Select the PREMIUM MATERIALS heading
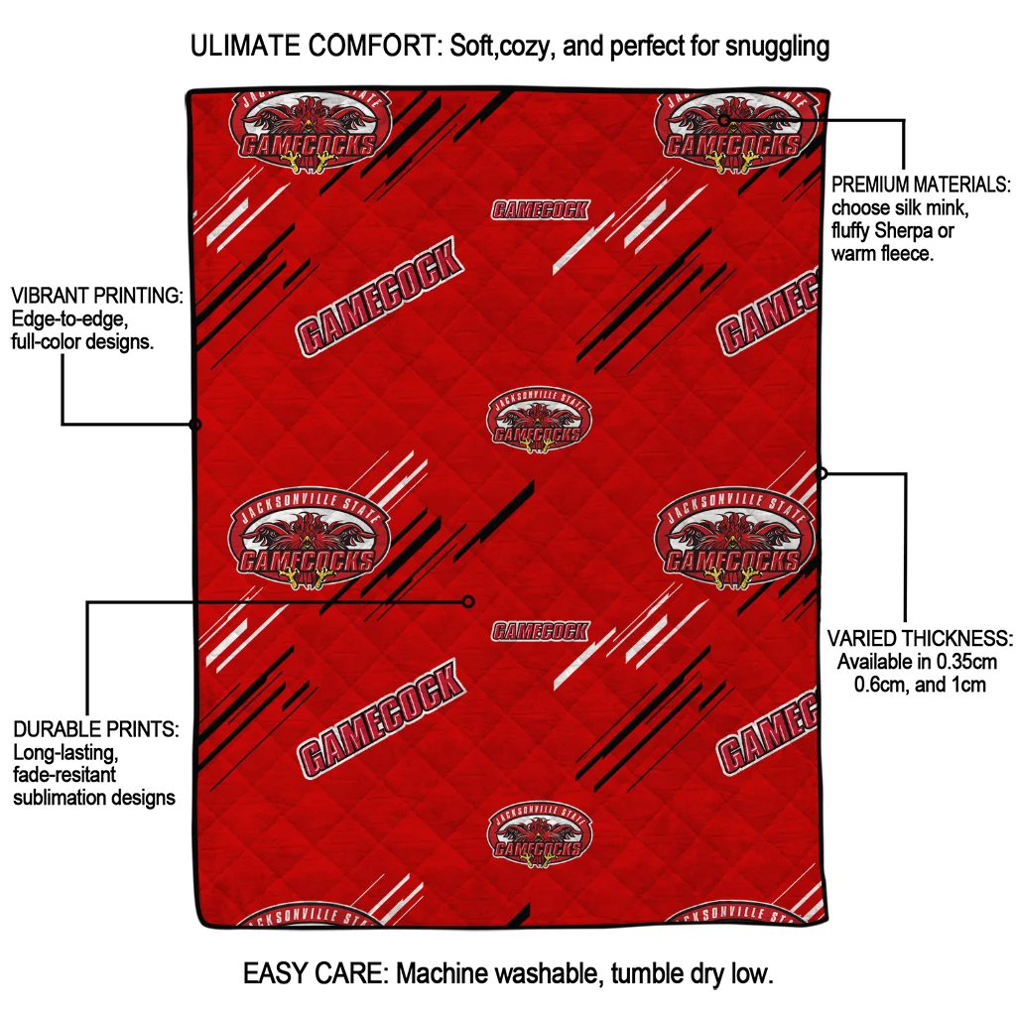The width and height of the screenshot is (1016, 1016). (x=921, y=186)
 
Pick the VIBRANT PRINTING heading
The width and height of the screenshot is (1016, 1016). (x=96, y=297)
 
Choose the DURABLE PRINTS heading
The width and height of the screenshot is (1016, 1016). (x=95, y=730)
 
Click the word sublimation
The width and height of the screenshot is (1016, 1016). (x=57, y=798)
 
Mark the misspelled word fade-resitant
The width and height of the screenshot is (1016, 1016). (x=64, y=775)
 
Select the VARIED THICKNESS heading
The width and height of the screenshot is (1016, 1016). (x=920, y=638)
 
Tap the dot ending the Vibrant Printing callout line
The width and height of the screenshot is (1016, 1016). (x=195, y=425)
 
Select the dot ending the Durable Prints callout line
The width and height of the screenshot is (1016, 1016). (x=469, y=601)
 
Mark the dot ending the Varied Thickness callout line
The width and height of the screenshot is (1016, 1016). (x=822, y=473)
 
